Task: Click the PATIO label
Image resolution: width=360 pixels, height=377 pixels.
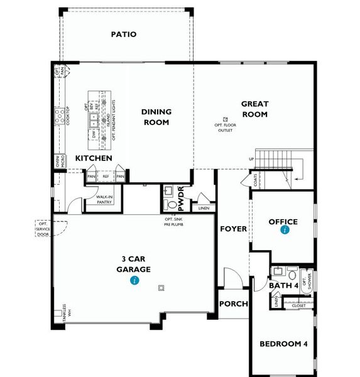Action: click(x=124, y=35)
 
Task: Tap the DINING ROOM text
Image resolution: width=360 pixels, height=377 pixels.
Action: click(x=156, y=117)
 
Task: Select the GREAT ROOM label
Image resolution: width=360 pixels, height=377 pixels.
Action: click(x=254, y=109)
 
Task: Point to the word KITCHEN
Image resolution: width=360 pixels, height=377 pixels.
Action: click(x=94, y=158)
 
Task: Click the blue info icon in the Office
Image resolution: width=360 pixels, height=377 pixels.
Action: click(x=285, y=231)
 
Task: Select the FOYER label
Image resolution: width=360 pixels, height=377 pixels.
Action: click(x=233, y=229)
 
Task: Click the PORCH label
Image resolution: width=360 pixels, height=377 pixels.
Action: click(x=233, y=304)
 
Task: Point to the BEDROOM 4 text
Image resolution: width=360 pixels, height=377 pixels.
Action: click(x=285, y=344)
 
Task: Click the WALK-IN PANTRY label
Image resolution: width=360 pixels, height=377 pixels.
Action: click(x=104, y=200)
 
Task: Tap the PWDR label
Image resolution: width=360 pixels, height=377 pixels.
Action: click(x=181, y=196)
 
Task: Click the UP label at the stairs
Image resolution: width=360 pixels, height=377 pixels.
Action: click(x=252, y=159)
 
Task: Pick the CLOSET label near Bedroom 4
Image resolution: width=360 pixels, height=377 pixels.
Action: click(x=298, y=306)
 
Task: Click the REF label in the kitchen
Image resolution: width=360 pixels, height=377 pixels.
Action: click(x=106, y=177)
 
